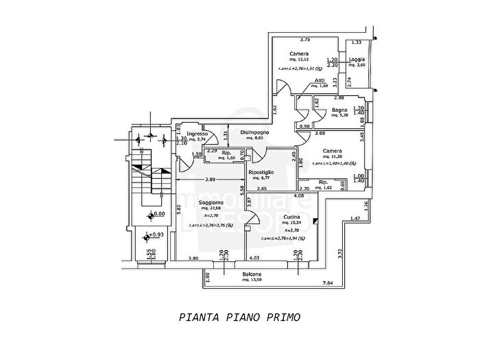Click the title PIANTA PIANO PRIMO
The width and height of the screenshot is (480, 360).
pyautogui.click(x=239, y=317)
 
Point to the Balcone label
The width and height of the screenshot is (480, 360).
pyautogui.click(x=252, y=274)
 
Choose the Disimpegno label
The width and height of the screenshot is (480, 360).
pyautogui.click(x=254, y=132)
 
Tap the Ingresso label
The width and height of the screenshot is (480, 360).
pyautogui.click(x=197, y=134)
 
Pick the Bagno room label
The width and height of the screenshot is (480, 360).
pyautogui.click(x=339, y=110)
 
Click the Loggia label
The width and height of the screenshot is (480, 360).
pyautogui.click(x=357, y=59)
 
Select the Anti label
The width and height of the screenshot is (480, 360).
pyautogui.click(x=320, y=80)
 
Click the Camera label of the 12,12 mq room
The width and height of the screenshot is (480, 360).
pyautogui.click(x=298, y=53)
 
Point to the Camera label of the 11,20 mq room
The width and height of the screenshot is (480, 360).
pyautogui.click(x=333, y=151)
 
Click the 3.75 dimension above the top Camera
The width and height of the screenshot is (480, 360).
pyautogui.click(x=287, y=40)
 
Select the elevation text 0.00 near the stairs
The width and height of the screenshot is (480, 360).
pyautogui.click(x=158, y=214)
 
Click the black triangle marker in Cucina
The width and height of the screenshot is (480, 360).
pyautogui.click(x=315, y=221)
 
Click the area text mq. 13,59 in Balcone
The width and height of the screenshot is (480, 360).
pyautogui.click(x=252, y=280)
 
